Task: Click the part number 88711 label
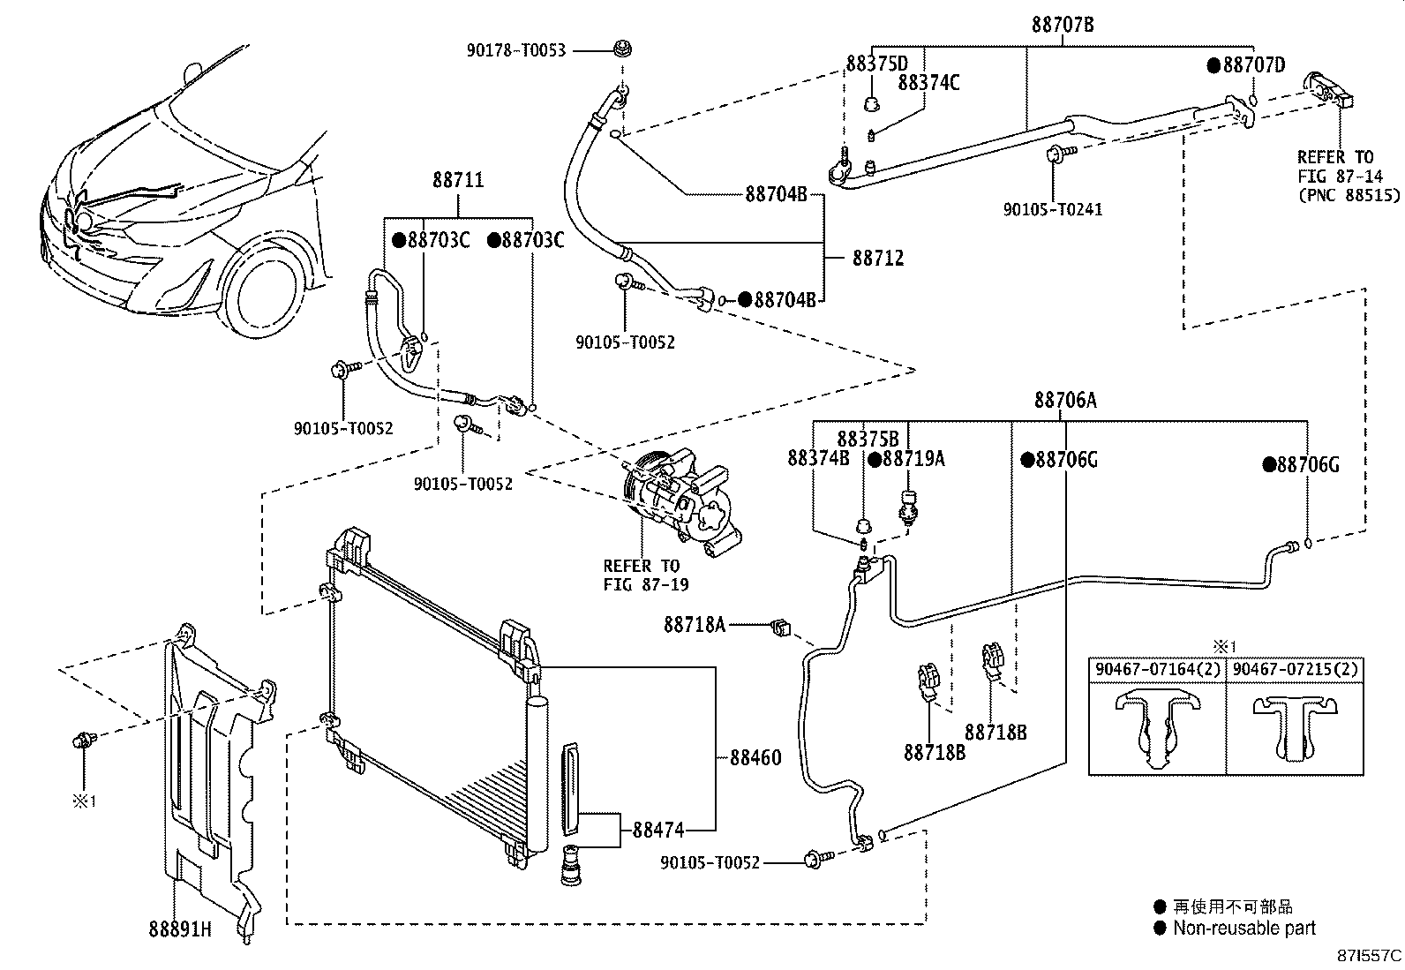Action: pyautogui.click(x=458, y=180)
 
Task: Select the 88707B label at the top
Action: pyautogui.click(x=1063, y=25)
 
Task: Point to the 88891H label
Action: pyautogui.click(x=180, y=929)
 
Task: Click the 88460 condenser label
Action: pyautogui.click(x=755, y=757)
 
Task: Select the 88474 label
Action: pyautogui.click(x=658, y=830)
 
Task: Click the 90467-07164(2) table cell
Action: pyautogui.click(x=1157, y=670)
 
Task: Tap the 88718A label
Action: pyautogui.click(x=695, y=625)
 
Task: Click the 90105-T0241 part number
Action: pyautogui.click(x=1052, y=209)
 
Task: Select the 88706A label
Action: pyautogui.click(x=1065, y=401)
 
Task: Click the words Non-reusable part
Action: pyautogui.click(x=1243, y=928)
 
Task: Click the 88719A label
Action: pyautogui.click(x=913, y=458)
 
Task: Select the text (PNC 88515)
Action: pyautogui.click(x=1348, y=195)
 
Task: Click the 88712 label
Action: pyautogui.click(x=878, y=259)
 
